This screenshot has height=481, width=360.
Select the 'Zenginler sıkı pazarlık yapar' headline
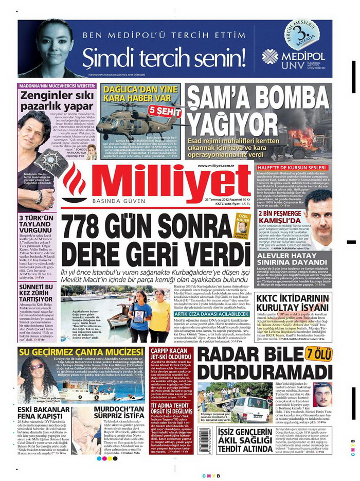[51, 101]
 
